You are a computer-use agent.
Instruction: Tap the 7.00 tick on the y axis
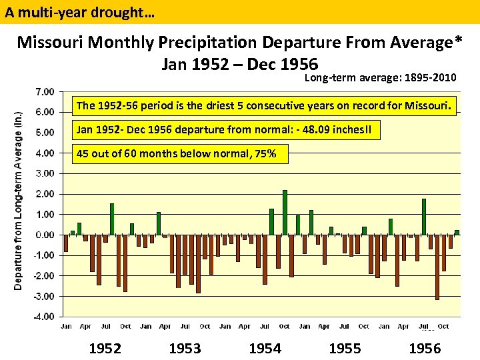pyautogui.click(x=45, y=91)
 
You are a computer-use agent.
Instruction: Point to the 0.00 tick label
pyautogui.click(x=45, y=235)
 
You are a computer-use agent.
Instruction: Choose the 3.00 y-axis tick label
pyautogui.click(x=45, y=173)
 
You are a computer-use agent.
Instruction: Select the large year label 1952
pyautogui.click(x=105, y=348)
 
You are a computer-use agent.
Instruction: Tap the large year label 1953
pyautogui.click(x=185, y=348)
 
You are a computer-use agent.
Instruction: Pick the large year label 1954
pyautogui.click(x=265, y=348)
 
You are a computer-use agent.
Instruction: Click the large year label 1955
pyautogui.click(x=345, y=348)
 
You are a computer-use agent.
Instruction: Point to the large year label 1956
pyautogui.click(x=425, y=348)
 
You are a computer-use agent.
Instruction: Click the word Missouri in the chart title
pyautogui.click(x=51, y=43)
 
